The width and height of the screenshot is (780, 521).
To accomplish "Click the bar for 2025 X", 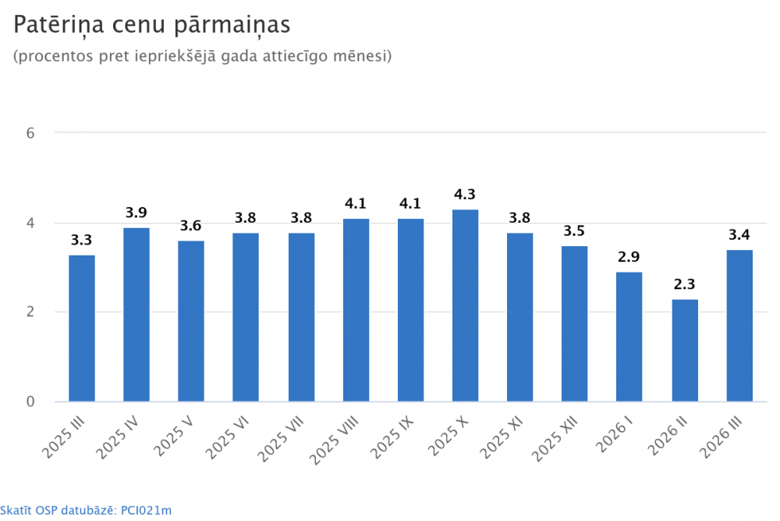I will coord(466,305).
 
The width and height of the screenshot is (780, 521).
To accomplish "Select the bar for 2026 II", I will coord(685,350).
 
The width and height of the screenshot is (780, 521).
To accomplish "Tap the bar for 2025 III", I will coord(82,328).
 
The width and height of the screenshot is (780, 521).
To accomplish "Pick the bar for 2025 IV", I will coord(136,315).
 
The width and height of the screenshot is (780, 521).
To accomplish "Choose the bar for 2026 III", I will coord(739,326).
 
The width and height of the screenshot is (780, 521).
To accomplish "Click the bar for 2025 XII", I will coord(575,323).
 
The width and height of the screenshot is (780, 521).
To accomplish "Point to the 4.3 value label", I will coord(466,194).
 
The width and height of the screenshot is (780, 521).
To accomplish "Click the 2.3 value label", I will coord(685,284).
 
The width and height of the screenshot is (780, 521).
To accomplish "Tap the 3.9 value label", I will coord(136,212).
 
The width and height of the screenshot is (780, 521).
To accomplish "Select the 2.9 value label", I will coord(629,257).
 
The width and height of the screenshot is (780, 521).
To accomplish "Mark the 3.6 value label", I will coord(191,226).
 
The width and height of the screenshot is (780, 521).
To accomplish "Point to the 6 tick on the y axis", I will coord(30,133).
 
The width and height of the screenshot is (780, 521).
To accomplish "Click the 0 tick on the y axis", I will coord(30,401).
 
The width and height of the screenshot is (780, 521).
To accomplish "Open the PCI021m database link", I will coord(147,510).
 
